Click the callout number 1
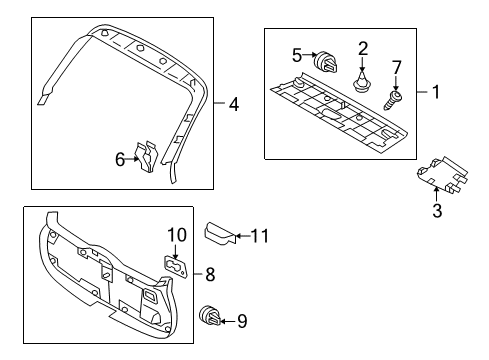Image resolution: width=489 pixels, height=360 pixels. [x=436, y=92]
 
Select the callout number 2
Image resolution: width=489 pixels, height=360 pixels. [x=363, y=49]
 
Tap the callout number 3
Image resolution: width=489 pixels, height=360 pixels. [x=437, y=210]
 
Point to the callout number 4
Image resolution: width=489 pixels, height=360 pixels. [x=234, y=104]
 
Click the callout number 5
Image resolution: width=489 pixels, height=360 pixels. [x=297, y=55]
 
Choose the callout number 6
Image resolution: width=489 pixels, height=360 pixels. [x=120, y=159]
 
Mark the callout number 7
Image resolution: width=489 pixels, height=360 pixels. [x=396, y=68]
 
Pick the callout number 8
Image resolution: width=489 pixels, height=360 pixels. [x=210, y=275]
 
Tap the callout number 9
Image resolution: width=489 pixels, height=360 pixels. [x=242, y=321]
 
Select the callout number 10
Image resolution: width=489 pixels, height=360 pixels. [x=177, y=235]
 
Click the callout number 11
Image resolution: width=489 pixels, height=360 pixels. [x=260, y=236]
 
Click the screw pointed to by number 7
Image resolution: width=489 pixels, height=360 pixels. [x=393, y=100]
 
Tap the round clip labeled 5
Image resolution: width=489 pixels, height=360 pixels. [x=325, y=63]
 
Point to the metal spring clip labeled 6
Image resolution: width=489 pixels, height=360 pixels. [x=147, y=157]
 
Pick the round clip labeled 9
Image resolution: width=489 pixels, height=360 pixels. [x=210, y=315]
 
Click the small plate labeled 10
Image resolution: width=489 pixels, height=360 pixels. [x=176, y=266]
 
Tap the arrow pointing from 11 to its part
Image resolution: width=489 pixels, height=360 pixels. [x=243, y=236]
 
